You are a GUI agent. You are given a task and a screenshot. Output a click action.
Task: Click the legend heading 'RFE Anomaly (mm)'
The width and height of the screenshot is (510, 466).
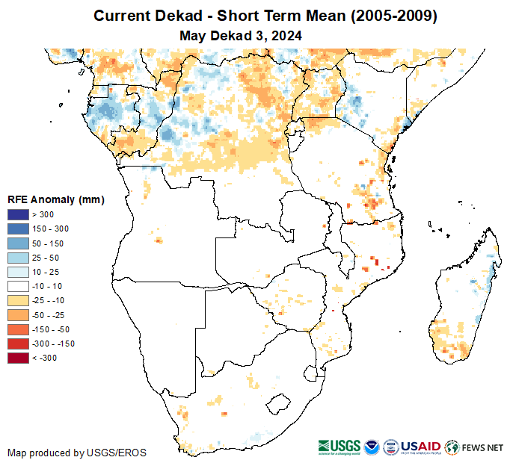(x=56, y=200)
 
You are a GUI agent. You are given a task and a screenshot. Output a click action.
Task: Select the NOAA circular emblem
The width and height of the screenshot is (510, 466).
(x=371, y=447)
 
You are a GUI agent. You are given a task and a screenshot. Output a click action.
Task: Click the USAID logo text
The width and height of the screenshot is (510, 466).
(x=421, y=447)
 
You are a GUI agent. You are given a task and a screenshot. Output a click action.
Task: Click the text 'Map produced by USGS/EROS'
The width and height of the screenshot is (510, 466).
(x=77, y=453)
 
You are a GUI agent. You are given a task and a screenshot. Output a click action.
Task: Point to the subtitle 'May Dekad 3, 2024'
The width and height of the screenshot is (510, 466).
(x=241, y=34)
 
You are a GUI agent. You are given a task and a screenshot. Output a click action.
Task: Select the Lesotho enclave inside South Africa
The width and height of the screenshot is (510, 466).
(x=278, y=403)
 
